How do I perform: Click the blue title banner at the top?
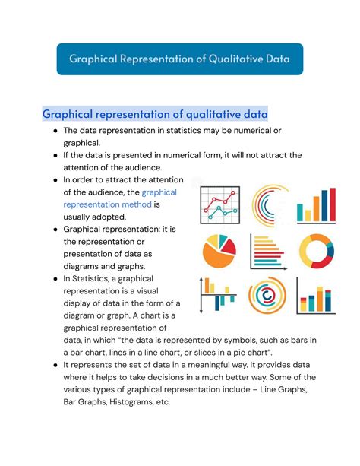point(180,59)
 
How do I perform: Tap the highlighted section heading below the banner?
point(155,115)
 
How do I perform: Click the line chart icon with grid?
point(220,206)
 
